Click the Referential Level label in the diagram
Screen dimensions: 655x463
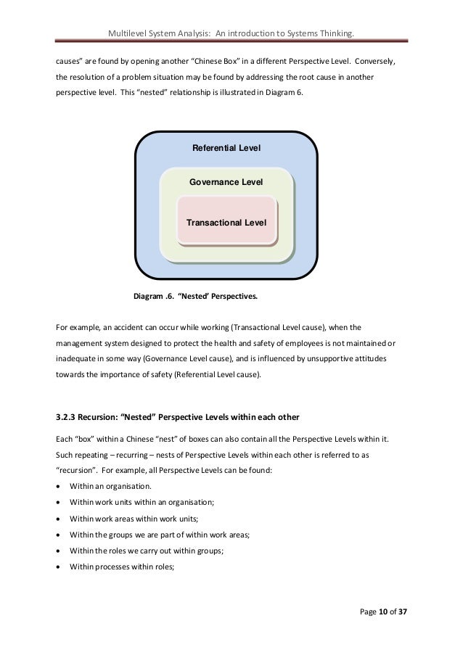tap(226, 149)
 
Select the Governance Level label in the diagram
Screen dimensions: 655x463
tap(226, 182)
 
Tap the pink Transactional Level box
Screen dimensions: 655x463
tap(226, 222)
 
